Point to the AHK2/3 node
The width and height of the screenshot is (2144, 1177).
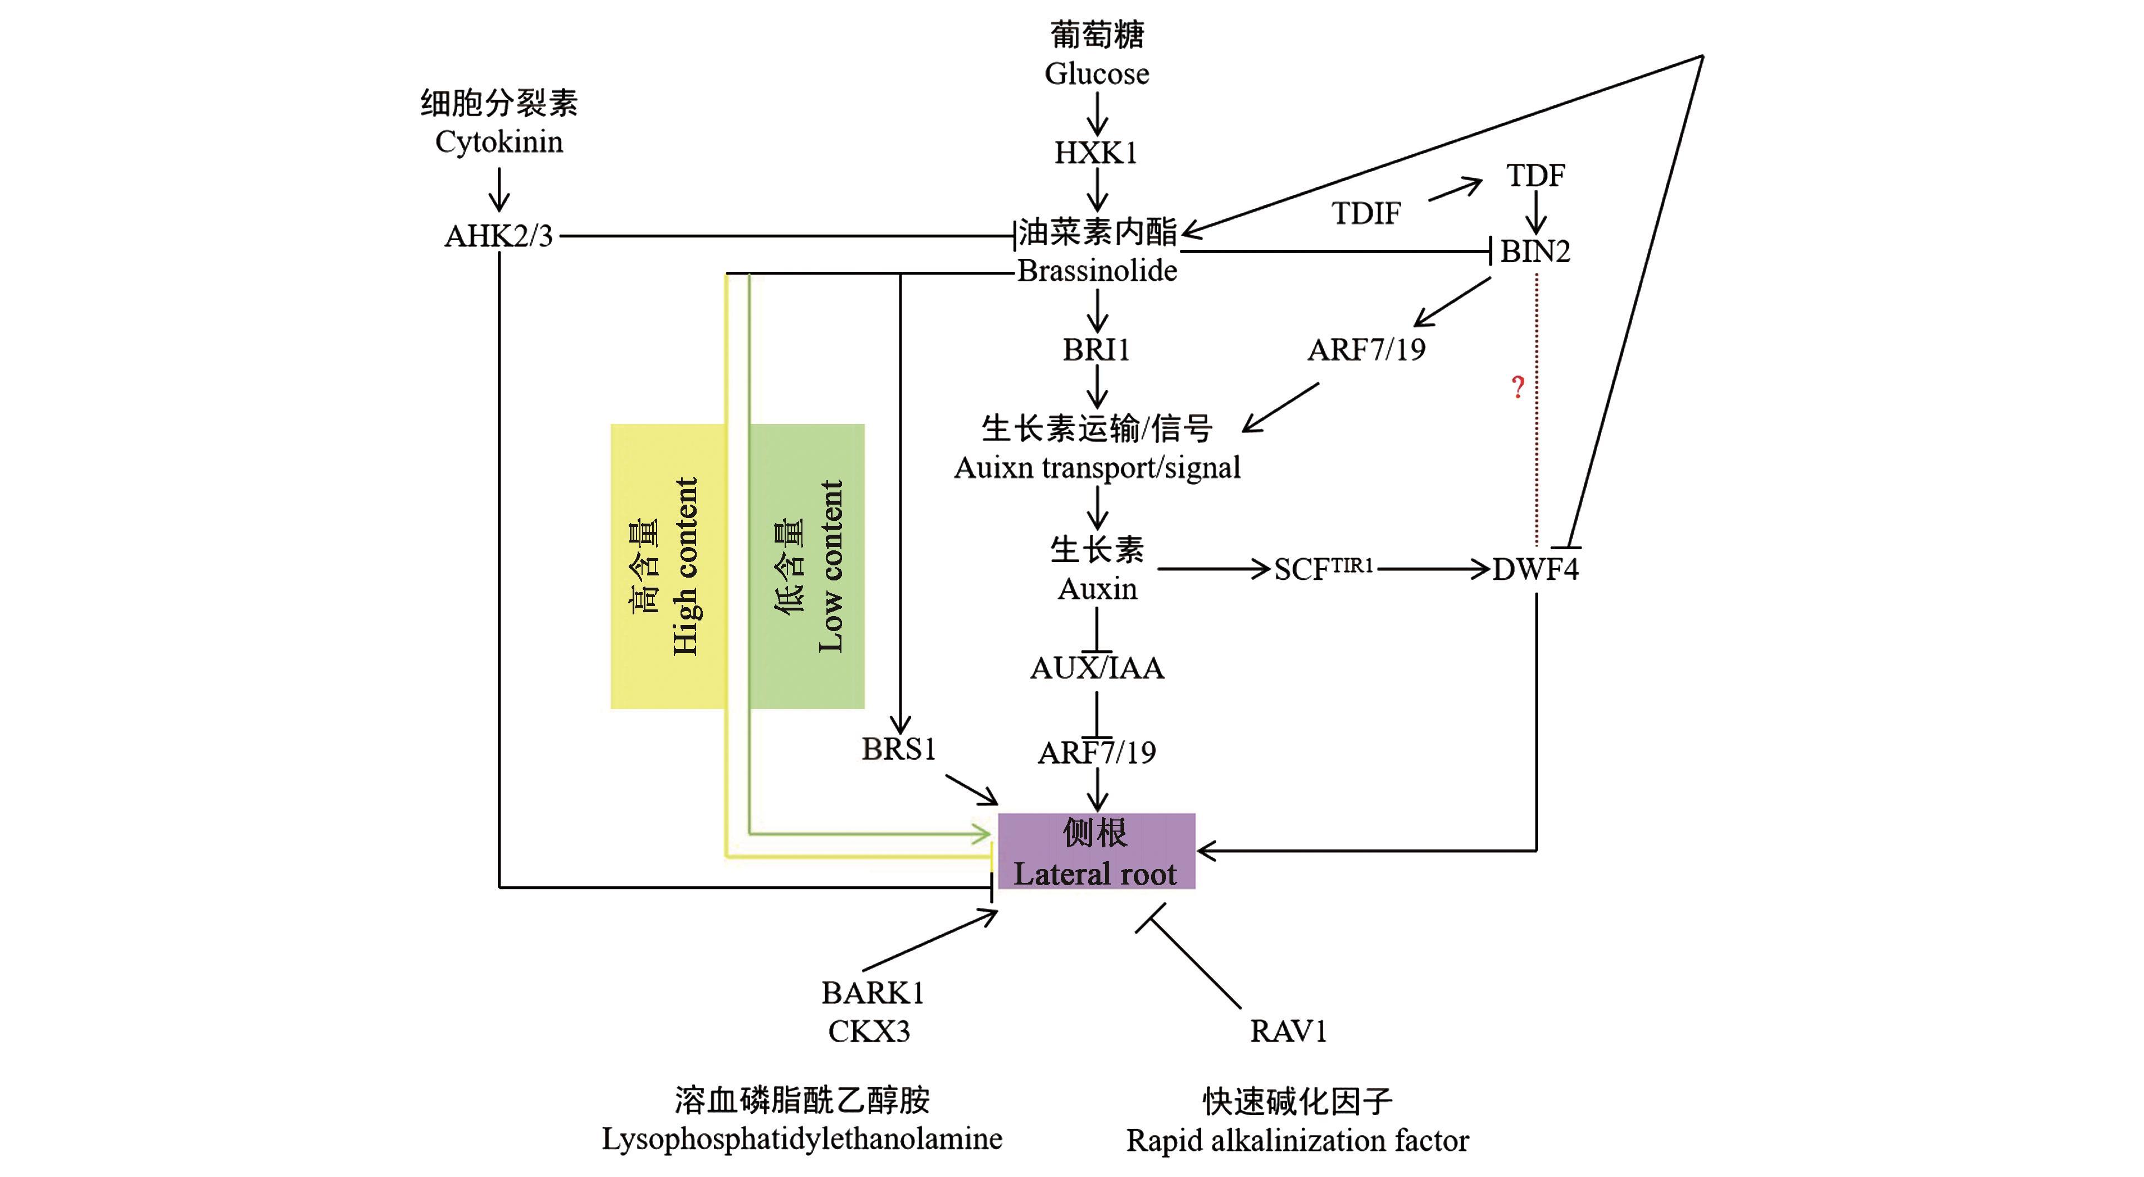[498, 236]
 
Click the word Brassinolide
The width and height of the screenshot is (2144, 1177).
[1097, 271]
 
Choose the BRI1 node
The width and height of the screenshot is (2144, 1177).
[1096, 350]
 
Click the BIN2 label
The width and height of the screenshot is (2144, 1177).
[1535, 251]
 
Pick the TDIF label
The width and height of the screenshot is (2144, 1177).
[1366, 214]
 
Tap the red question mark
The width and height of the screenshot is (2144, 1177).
[1518, 387]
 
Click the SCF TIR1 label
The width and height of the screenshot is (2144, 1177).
[1323, 569]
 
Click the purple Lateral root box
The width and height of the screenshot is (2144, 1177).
[1096, 851]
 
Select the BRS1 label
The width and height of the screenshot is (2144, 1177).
[898, 749]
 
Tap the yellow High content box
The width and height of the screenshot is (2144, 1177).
[668, 566]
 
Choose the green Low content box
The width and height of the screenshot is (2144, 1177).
[806, 566]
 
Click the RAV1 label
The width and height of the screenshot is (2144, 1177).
[1288, 1031]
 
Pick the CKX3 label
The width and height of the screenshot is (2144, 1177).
[869, 1031]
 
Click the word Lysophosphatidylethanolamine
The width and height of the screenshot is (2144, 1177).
[801, 1139]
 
